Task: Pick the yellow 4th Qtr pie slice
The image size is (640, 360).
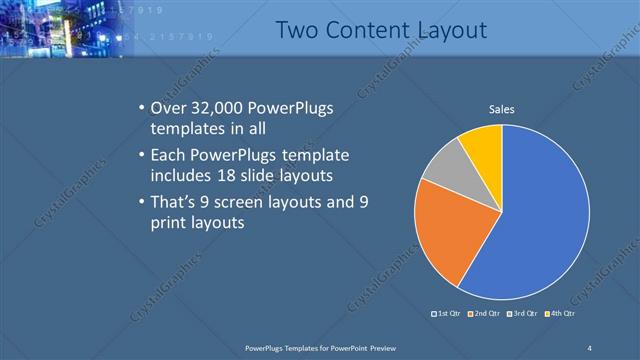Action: pos(483,145)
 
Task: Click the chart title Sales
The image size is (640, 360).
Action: pos(501,109)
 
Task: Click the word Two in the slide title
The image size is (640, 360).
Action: pos(297,32)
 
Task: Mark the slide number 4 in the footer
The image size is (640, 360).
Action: pos(590,347)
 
